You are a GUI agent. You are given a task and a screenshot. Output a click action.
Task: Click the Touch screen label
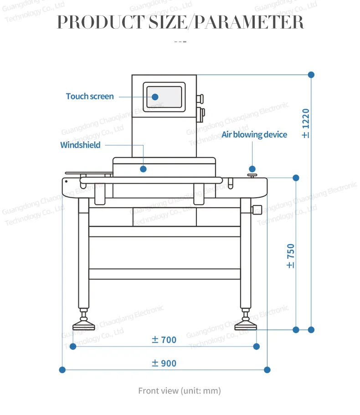(x=90, y=97)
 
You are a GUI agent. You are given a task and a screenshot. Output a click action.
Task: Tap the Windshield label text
(x=80, y=145)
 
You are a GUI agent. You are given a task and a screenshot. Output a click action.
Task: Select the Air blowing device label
(x=254, y=135)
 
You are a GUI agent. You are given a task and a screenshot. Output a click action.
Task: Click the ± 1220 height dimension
(x=305, y=123)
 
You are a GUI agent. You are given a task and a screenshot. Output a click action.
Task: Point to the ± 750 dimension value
(x=291, y=256)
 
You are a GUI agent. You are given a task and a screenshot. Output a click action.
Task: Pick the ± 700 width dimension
(x=164, y=340)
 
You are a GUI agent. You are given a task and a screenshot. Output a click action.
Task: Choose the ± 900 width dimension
(x=164, y=364)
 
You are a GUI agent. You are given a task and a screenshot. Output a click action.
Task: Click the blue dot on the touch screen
(x=155, y=97)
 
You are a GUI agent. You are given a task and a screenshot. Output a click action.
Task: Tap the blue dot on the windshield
(x=143, y=169)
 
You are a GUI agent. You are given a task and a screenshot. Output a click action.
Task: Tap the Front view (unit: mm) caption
(x=180, y=391)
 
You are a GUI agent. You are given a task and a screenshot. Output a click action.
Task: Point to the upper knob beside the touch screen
(x=199, y=98)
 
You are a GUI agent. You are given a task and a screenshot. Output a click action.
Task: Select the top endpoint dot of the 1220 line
(x=311, y=74)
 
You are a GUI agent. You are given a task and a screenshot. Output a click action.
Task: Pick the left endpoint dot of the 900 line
(x=63, y=369)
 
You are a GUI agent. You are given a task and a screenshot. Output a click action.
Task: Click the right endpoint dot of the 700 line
(x=256, y=347)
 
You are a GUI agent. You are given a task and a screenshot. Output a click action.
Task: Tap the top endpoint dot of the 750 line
(x=296, y=177)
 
